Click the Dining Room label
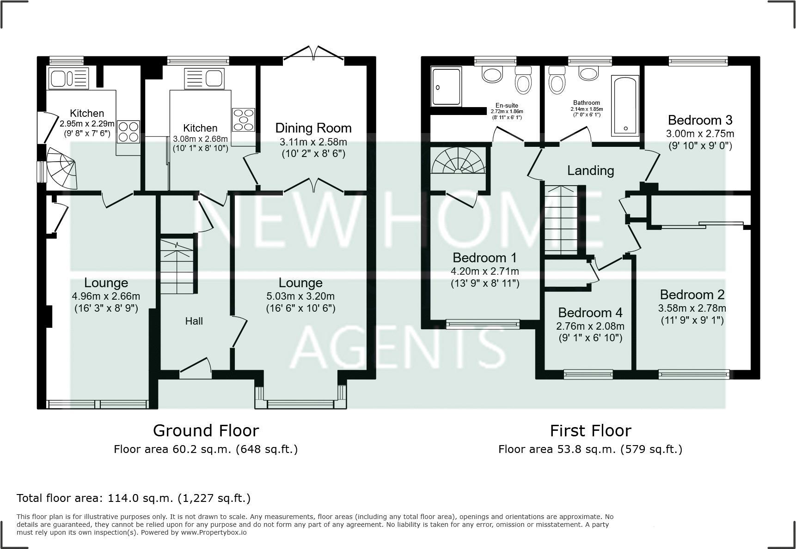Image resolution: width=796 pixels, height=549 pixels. pyautogui.click(x=313, y=128)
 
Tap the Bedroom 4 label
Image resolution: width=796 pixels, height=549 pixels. pyautogui.click(x=590, y=313)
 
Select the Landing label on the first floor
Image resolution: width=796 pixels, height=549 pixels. pyautogui.click(x=590, y=170)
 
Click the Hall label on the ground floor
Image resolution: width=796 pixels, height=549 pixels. pyautogui.click(x=194, y=321)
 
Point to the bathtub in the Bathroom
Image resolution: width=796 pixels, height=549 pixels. pyautogui.click(x=625, y=106)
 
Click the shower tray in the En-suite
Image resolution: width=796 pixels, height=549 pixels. pyautogui.click(x=446, y=86)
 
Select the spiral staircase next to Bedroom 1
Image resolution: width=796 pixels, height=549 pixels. pyautogui.click(x=458, y=161)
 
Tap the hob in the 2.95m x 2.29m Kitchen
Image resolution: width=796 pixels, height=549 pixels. pyautogui.click(x=128, y=131)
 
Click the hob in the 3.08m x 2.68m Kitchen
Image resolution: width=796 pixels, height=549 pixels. pyautogui.click(x=243, y=119)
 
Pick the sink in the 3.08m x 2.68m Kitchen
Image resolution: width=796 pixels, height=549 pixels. pyautogui.click(x=204, y=78)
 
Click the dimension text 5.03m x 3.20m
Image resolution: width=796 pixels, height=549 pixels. pyautogui.click(x=300, y=296)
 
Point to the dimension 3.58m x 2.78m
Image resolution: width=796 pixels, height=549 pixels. pyautogui.click(x=692, y=308)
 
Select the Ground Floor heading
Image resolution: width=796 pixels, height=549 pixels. pyautogui.click(x=206, y=430)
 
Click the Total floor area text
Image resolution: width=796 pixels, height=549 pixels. pyautogui.click(x=134, y=498)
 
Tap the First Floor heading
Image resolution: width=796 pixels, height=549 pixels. pyautogui.click(x=590, y=430)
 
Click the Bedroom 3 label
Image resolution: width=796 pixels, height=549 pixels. pyautogui.click(x=700, y=120)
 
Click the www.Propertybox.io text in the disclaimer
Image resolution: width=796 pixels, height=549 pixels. pyautogui.click(x=214, y=532)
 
